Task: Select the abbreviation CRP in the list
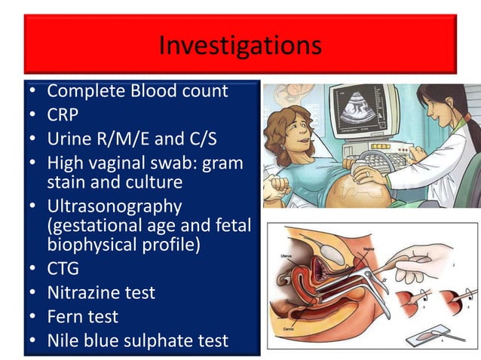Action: [63, 115]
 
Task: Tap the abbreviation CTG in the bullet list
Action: [63, 268]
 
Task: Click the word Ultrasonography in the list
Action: [114, 206]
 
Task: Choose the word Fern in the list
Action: [63, 316]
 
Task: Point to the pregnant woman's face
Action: [290, 133]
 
